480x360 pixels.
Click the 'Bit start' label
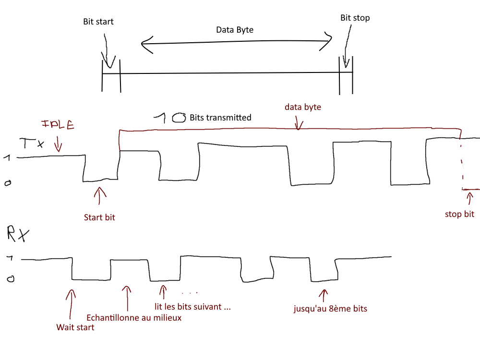click(98, 22)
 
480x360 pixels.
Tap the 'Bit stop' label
click(355, 18)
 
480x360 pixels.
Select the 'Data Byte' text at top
click(235, 30)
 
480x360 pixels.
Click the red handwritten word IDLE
click(58, 125)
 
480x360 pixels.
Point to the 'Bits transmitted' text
click(220, 117)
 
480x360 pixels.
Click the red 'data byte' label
click(302, 107)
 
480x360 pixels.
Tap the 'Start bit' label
click(99, 217)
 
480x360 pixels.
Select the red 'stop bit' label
click(459, 214)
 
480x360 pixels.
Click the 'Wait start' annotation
click(75, 327)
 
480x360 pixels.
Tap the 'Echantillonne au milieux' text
click(134, 317)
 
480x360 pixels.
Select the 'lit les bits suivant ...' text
click(192, 307)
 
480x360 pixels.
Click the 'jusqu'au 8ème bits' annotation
click(330, 309)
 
